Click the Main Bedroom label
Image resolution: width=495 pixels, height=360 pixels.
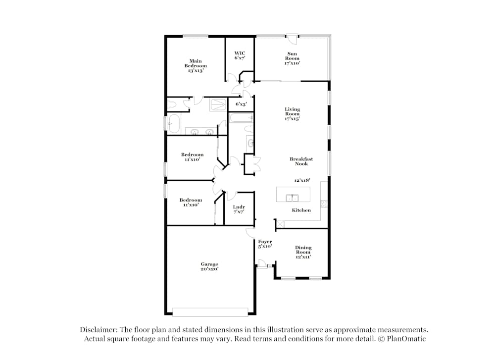click(x=196, y=66)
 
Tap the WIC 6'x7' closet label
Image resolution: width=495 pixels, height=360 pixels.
click(x=240, y=55)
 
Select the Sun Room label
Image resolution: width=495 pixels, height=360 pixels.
click(x=292, y=58)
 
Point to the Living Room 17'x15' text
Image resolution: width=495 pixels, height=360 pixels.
click(x=292, y=114)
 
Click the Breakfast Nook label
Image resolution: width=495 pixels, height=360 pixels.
click(x=301, y=161)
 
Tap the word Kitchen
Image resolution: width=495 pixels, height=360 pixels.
click(x=301, y=210)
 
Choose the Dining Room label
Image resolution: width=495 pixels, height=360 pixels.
click(x=303, y=252)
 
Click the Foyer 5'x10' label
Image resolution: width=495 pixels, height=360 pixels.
click(x=265, y=244)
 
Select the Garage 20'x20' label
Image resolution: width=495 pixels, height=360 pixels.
click(x=209, y=266)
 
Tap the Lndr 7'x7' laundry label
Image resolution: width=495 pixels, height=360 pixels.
click(x=239, y=209)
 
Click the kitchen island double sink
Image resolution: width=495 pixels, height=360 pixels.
click(x=292, y=198)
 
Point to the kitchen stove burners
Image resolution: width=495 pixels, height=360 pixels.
click(x=324, y=203)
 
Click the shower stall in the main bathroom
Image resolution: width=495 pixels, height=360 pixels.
click(x=217, y=104)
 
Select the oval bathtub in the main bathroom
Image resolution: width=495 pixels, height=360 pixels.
click(x=173, y=123)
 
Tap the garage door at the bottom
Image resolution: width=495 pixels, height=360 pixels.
click(x=210, y=312)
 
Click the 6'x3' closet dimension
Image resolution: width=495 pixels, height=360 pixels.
click(x=241, y=104)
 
